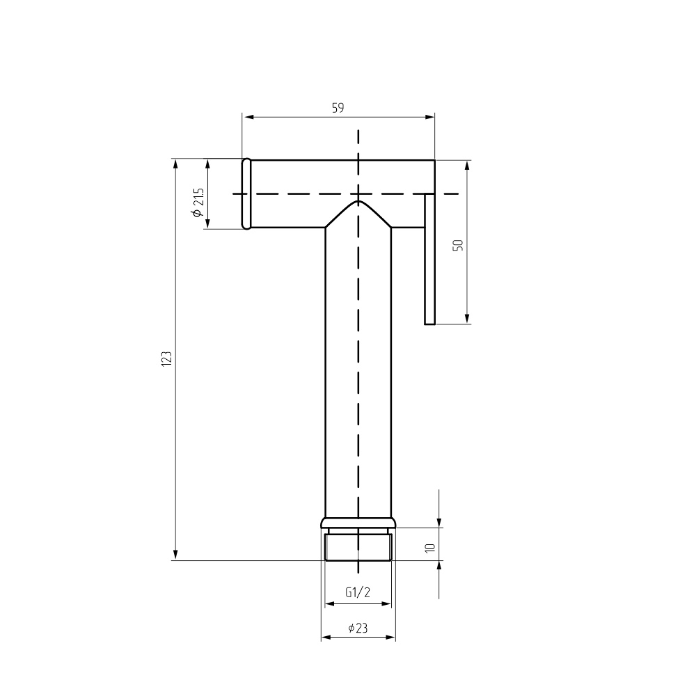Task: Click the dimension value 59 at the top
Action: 338,108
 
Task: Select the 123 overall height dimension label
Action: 166,358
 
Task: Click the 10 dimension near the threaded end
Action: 429,548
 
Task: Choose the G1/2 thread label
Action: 358,592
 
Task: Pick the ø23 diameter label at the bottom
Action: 358,628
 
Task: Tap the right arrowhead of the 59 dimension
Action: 429,117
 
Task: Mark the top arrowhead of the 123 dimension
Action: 176,164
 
